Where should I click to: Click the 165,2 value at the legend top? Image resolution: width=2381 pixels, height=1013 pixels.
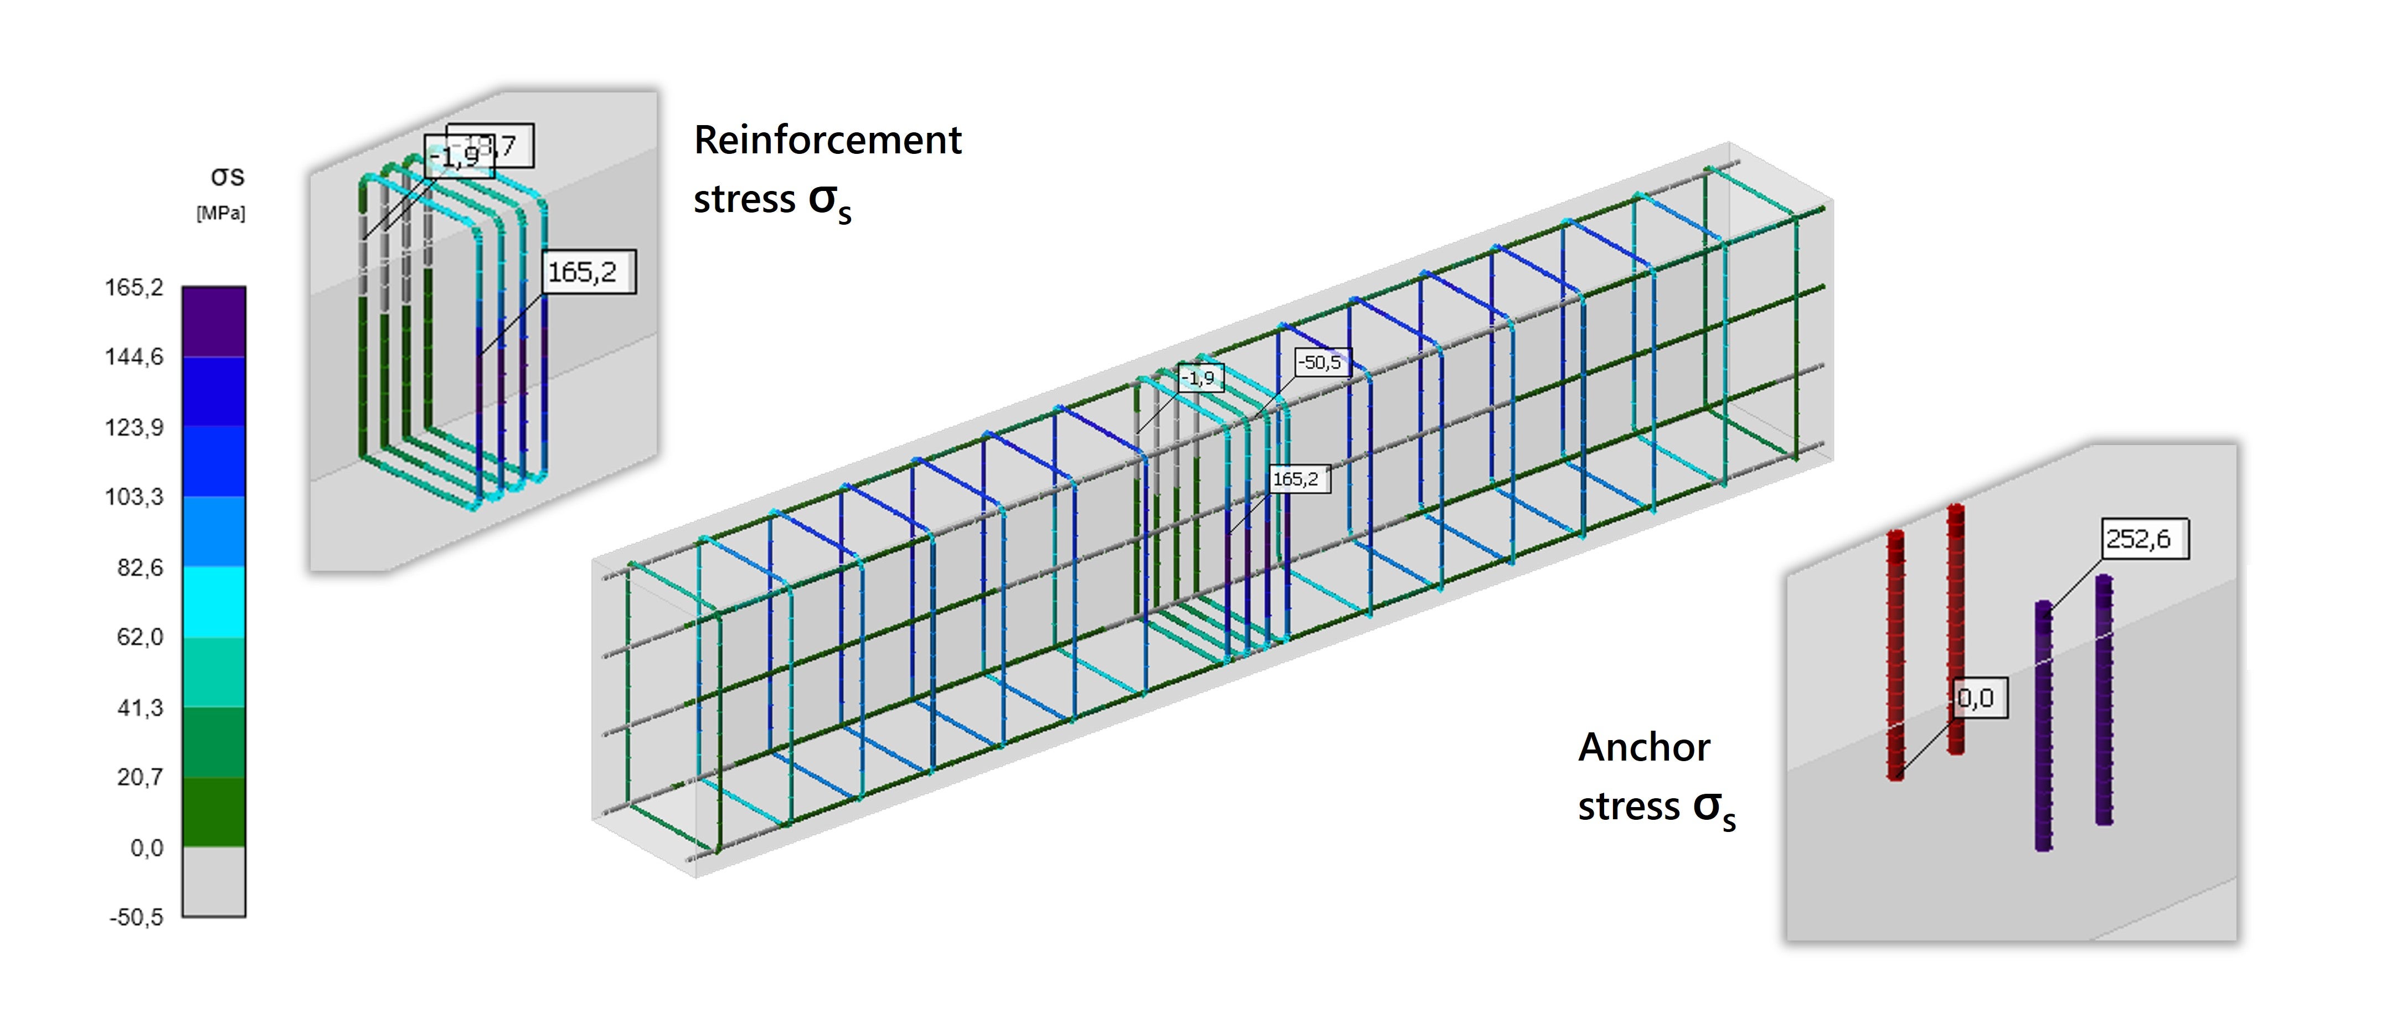point(134,287)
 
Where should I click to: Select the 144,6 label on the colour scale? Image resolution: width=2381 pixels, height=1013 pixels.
point(134,357)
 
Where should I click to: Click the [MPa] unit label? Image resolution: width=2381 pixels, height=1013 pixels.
point(221,214)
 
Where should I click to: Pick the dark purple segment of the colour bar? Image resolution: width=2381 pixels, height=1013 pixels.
point(214,322)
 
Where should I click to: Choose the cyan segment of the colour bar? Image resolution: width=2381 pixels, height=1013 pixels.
point(214,602)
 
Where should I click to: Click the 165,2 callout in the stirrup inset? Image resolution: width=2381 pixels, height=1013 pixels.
point(583,272)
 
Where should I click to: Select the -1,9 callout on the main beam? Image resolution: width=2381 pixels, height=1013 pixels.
point(1199,378)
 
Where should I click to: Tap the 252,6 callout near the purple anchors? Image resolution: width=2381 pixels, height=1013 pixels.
point(2138,539)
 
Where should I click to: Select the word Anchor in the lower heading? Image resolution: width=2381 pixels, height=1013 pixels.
point(1643,747)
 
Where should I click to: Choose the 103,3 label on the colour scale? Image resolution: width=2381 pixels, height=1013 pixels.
point(134,497)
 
